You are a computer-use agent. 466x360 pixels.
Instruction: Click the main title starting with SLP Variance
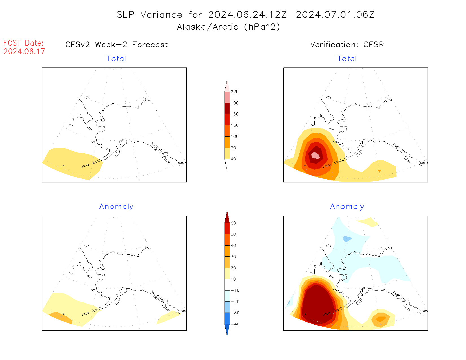tap(245, 15)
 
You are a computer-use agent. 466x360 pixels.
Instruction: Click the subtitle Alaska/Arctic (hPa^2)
tap(228, 27)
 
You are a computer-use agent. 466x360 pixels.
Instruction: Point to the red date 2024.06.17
tap(24, 51)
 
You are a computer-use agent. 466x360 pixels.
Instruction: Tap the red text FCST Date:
tap(23, 43)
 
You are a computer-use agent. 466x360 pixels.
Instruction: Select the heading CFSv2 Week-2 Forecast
tap(117, 45)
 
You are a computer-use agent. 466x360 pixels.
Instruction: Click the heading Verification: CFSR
tap(347, 45)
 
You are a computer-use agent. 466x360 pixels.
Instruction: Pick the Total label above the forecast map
tap(116, 59)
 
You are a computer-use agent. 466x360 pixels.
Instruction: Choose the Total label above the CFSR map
tap(347, 59)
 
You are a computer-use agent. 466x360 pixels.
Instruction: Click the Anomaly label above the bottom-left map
tap(116, 207)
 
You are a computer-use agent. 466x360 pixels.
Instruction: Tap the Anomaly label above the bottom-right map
tap(347, 207)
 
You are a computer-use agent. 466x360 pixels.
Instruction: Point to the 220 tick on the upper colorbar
tap(234, 92)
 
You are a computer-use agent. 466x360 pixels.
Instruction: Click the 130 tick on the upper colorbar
tap(234, 125)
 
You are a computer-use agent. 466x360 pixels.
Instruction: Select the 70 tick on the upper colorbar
tap(233, 148)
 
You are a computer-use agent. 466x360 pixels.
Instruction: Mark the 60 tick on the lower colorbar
tap(233, 223)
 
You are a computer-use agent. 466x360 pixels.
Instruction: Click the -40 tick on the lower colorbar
tap(235, 324)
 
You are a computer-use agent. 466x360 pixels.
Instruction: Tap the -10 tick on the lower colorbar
tap(235, 290)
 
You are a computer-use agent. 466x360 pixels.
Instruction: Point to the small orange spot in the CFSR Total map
tap(380, 171)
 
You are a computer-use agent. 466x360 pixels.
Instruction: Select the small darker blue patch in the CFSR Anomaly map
tap(347, 239)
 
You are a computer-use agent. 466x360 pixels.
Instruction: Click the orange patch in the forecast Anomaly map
tap(60, 318)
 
